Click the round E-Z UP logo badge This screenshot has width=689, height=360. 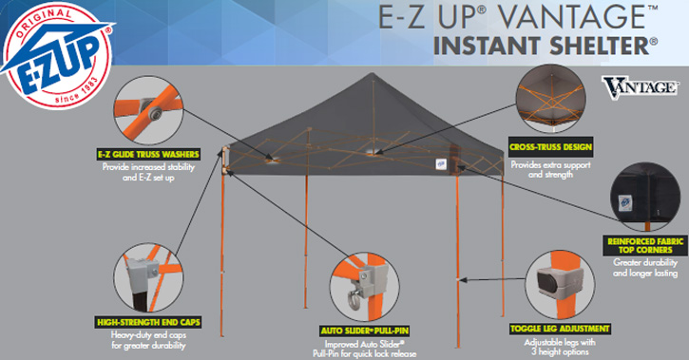click(x=57, y=55)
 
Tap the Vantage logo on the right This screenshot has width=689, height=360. click(x=640, y=87)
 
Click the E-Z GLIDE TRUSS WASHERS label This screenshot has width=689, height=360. click(x=148, y=154)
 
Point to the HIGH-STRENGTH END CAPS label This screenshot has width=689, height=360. click(x=148, y=322)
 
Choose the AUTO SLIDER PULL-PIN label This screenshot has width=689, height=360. click(x=365, y=331)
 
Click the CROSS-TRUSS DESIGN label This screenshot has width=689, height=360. click(x=550, y=147)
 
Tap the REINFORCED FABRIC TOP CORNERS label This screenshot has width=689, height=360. click(x=645, y=245)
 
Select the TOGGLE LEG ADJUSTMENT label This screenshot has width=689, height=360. click(x=560, y=329)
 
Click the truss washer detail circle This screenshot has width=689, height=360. click(x=148, y=110)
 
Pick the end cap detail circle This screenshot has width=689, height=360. click(x=148, y=278)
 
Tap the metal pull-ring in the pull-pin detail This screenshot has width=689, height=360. click(x=353, y=302)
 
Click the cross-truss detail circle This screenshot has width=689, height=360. click(x=551, y=100)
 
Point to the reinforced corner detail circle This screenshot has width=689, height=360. click(x=645, y=197)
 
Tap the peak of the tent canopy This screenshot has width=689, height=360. click(x=373, y=74)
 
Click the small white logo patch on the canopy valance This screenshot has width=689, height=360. click(x=441, y=164)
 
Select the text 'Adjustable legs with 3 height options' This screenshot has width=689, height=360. click(x=560, y=347)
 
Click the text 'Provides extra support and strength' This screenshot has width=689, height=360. click(x=550, y=169)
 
